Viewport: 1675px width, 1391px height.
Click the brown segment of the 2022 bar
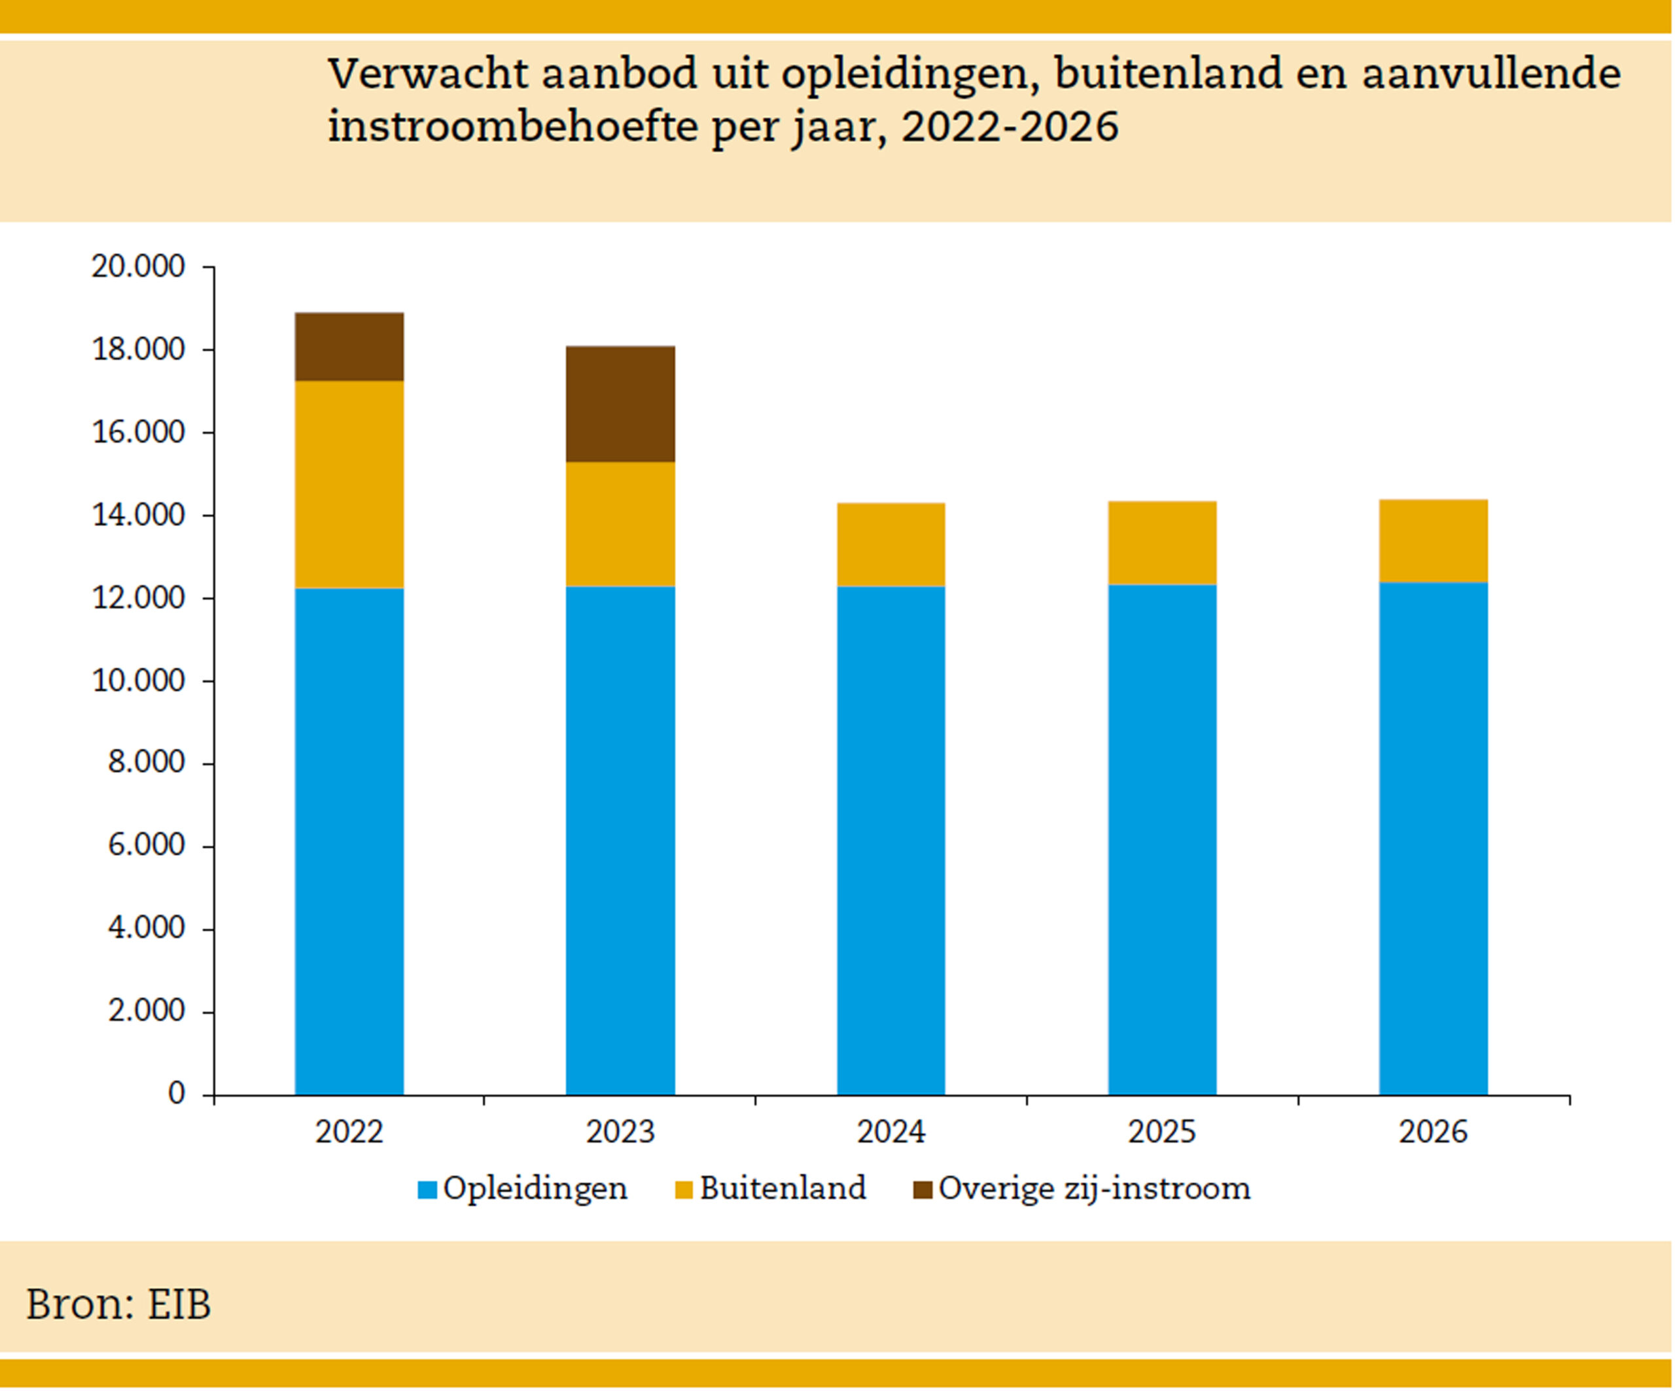tap(349, 346)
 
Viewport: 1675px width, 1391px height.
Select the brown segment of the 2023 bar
tap(620, 404)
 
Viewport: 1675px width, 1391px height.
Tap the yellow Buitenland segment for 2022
tap(349, 484)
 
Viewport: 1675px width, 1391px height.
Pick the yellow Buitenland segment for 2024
tap(891, 545)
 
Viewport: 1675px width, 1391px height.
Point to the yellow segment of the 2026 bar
tap(1434, 541)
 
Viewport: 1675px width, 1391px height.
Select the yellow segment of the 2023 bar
tap(620, 524)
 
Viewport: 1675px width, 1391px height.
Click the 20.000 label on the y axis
tap(138, 266)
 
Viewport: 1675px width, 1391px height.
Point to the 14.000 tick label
tap(138, 515)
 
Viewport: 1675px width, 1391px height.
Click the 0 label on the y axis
tap(176, 1093)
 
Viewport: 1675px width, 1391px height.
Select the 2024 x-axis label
tap(891, 1133)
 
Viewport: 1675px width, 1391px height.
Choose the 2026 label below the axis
tap(1434, 1133)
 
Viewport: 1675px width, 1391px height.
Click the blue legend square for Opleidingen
tap(427, 1190)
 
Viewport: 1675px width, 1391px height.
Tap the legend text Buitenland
tap(783, 1188)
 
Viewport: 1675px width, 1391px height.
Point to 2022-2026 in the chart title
tap(1010, 127)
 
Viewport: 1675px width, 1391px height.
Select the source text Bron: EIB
tap(118, 1304)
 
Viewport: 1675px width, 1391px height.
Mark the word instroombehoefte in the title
tap(513, 127)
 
